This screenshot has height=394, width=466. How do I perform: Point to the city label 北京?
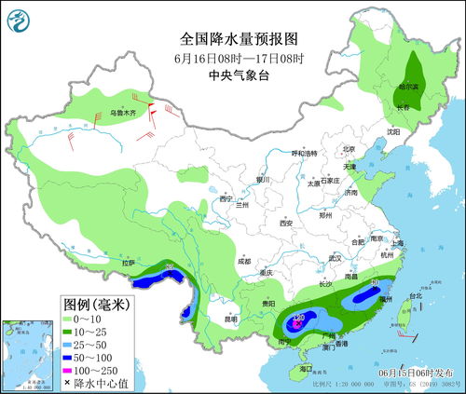point(349,148)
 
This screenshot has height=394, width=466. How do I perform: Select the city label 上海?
point(397,243)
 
